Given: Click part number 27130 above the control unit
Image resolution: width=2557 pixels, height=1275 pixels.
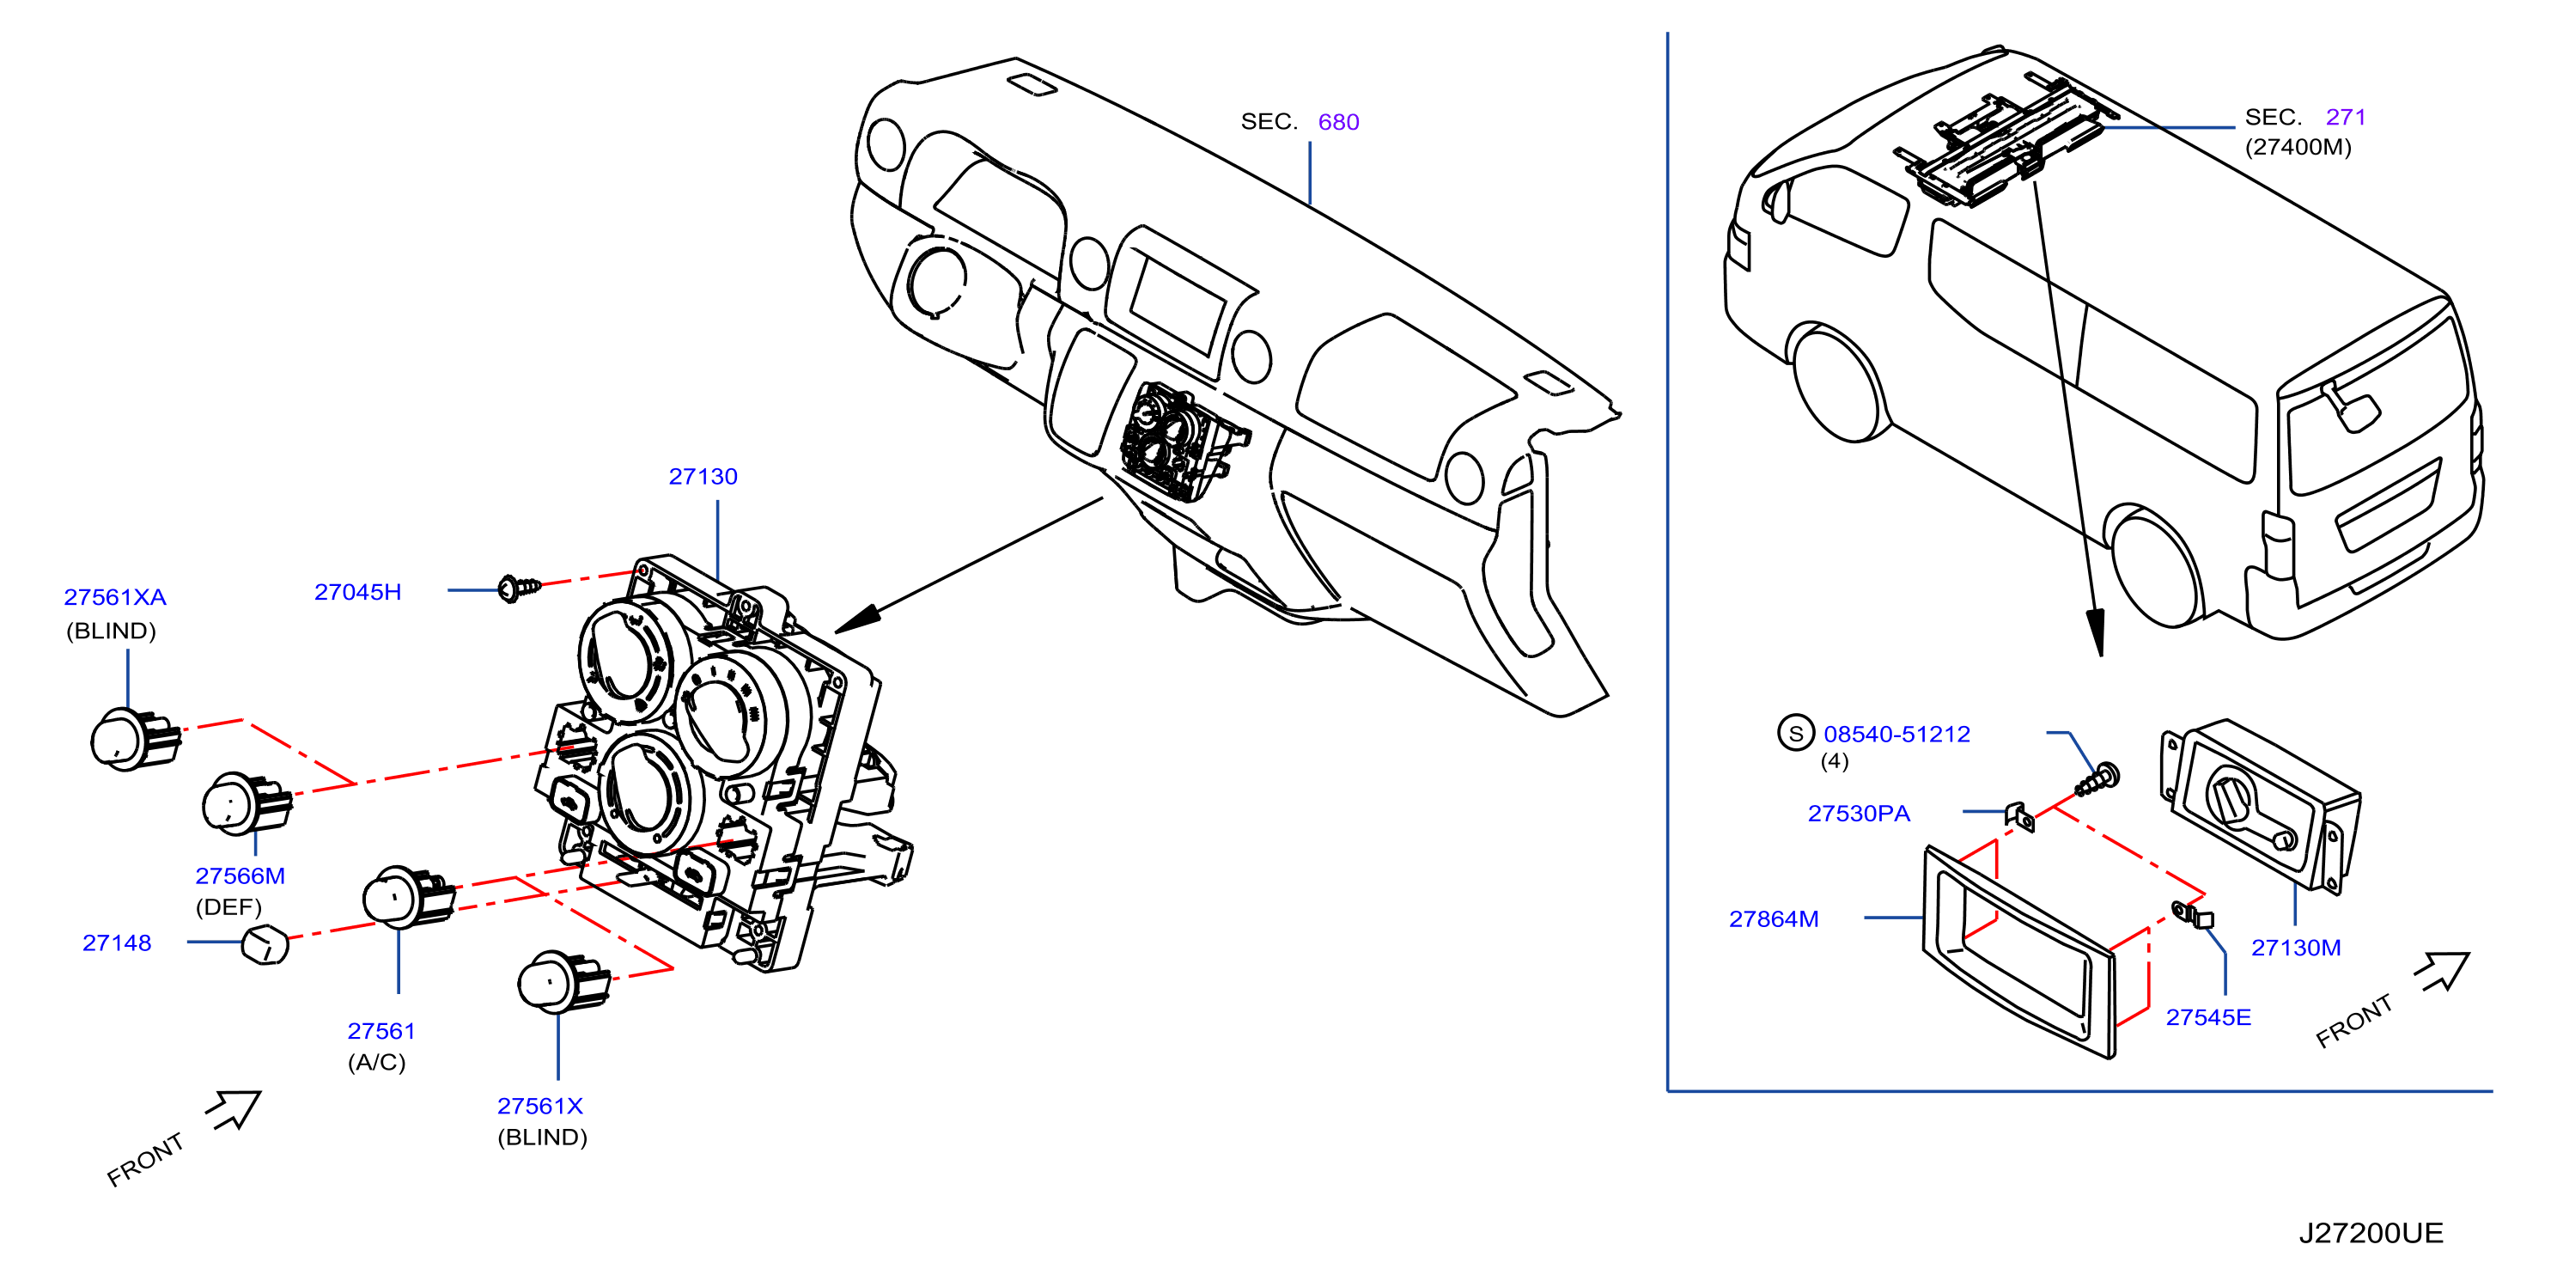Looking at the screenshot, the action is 703,477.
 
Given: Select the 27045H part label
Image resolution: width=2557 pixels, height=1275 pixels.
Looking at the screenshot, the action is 357,592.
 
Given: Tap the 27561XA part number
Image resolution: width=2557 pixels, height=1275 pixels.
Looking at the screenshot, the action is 115,597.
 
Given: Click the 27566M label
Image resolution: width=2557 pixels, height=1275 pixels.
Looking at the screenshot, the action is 240,875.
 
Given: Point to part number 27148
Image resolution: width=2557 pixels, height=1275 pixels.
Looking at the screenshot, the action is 117,943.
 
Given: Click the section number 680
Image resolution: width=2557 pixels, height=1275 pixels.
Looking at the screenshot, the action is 1338,122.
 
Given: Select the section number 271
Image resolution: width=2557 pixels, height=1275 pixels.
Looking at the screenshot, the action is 2346,117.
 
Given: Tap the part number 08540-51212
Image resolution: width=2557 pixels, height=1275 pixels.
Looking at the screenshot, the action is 1896,735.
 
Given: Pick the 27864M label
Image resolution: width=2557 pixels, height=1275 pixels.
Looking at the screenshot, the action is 1774,919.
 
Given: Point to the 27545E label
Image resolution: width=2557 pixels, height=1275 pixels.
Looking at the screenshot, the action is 2208,1018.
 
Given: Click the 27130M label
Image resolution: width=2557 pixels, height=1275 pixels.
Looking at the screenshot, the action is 2296,949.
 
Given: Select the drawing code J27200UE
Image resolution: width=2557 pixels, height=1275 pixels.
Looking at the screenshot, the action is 2371,1233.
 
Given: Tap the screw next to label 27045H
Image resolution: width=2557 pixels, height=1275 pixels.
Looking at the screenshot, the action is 521,588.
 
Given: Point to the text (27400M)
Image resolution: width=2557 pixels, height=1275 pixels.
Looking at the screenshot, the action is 2298,147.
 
